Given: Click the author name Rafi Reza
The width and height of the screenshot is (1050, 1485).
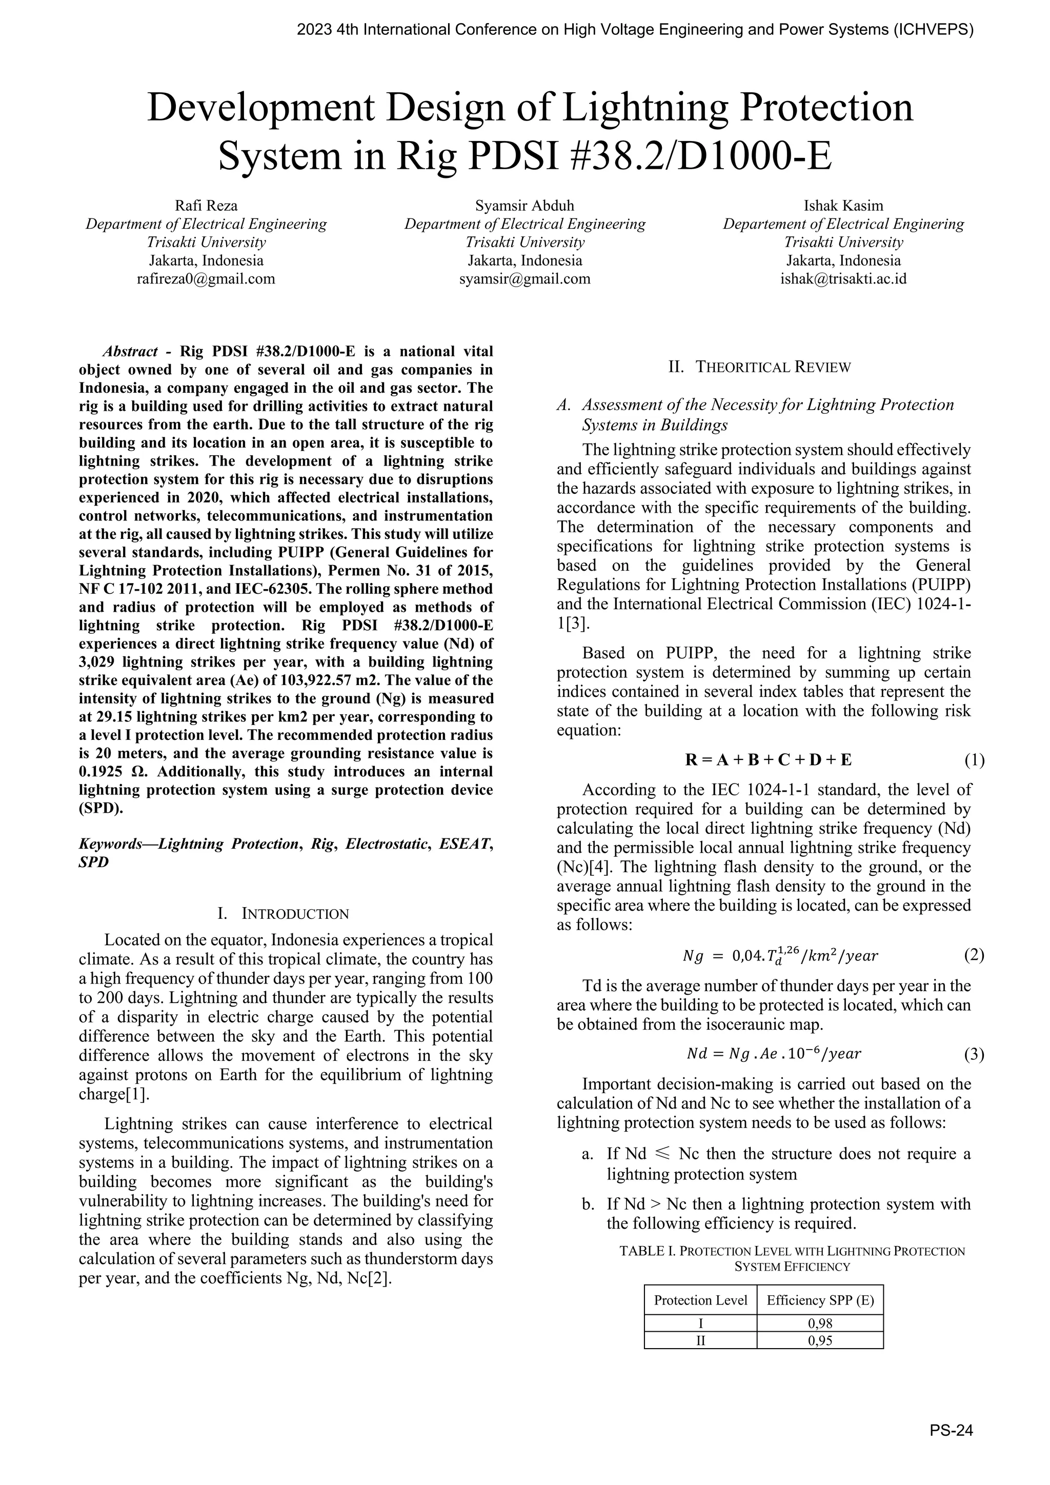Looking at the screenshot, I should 206,206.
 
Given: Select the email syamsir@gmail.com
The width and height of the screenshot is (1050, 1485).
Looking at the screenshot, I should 524,279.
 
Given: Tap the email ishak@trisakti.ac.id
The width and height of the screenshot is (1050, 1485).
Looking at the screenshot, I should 843,279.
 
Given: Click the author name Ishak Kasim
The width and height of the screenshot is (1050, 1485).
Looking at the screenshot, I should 843,206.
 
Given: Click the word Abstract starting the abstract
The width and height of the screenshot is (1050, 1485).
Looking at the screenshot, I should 130,352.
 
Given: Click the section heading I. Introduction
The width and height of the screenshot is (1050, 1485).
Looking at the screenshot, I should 284,914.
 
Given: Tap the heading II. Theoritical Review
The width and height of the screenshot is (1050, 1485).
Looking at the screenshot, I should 760,367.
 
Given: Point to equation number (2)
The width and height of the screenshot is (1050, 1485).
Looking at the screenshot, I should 974,955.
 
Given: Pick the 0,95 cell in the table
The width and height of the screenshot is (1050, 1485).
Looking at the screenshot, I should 820,1340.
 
